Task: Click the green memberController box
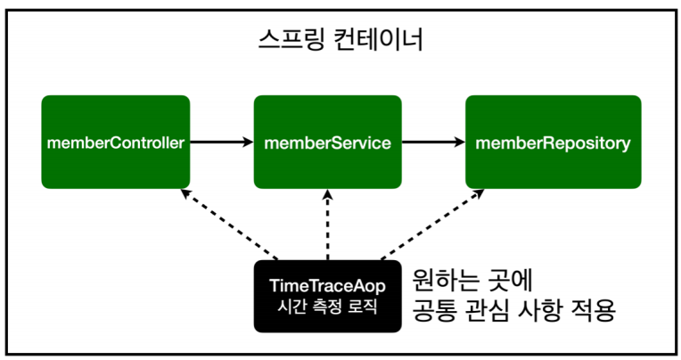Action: point(115,142)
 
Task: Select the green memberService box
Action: point(328,142)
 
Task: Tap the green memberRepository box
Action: point(553,142)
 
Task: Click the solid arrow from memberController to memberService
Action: point(221,142)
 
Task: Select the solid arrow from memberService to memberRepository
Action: point(433,142)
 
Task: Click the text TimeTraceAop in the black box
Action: point(327,286)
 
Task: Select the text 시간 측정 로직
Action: point(327,308)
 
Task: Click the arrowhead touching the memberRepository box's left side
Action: point(457,142)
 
